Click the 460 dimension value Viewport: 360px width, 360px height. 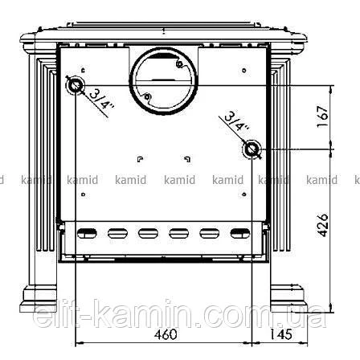click(166, 334)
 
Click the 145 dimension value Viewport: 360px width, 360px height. click(280, 334)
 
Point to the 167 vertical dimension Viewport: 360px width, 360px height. click(322, 117)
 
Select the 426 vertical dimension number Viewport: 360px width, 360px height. click(322, 225)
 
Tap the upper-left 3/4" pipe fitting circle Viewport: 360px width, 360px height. click(76, 85)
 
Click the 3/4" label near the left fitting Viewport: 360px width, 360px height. click(101, 99)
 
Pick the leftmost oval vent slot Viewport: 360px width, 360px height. click(87, 233)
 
